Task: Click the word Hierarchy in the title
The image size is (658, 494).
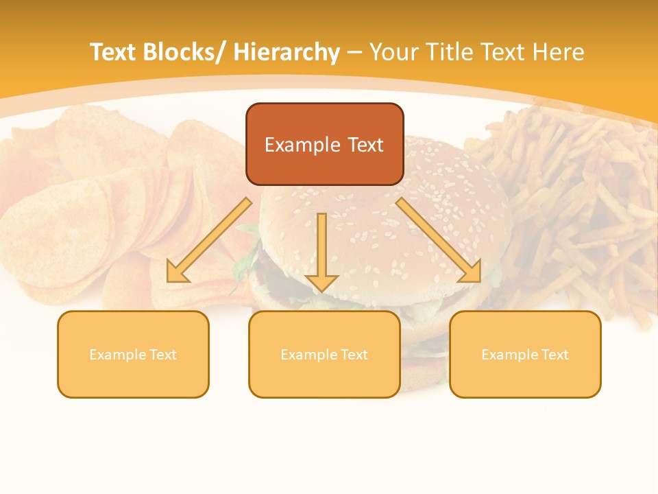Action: (287, 52)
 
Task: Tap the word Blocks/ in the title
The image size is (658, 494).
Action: (187, 52)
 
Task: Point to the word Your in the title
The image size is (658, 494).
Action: (394, 52)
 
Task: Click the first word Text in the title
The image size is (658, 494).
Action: (115, 52)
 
